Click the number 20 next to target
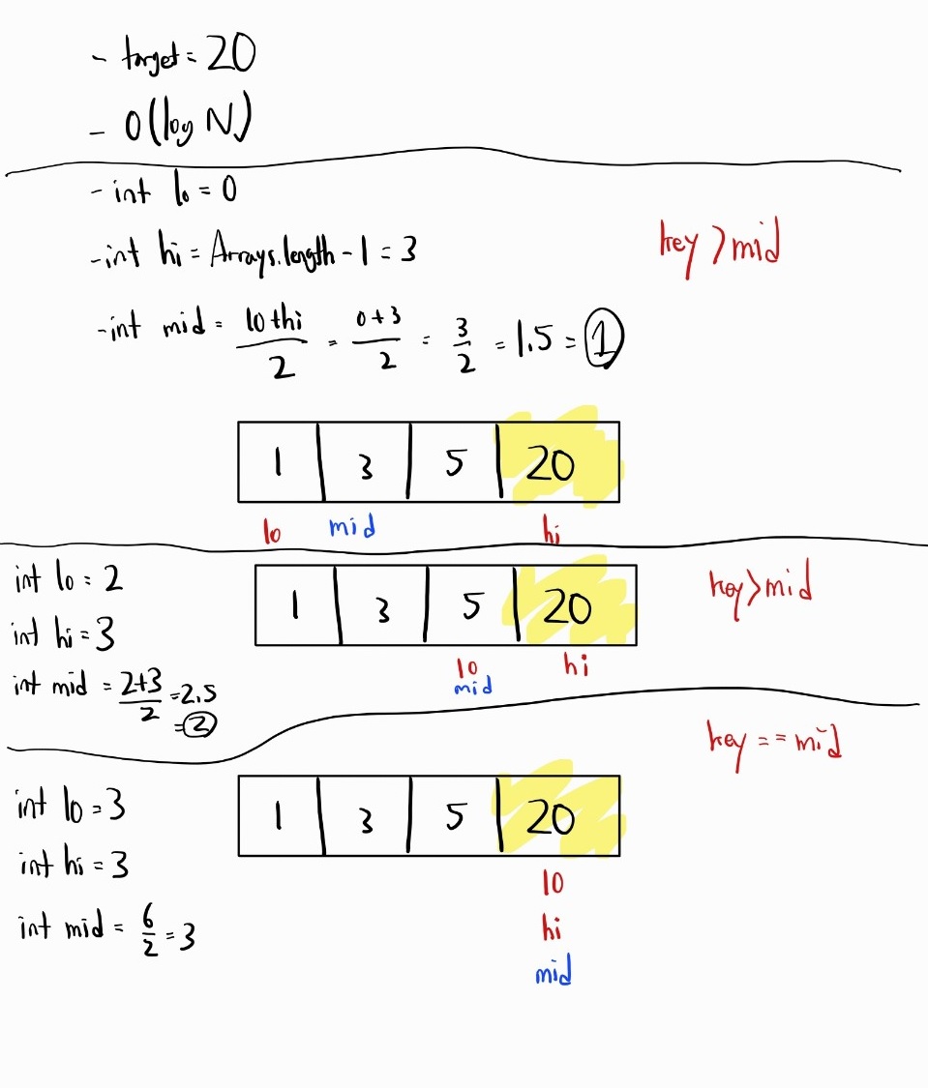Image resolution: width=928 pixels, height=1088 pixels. click(x=229, y=58)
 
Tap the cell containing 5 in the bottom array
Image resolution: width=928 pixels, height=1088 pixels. click(x=454, y=817)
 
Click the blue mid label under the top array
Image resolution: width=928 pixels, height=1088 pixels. click(x=351, y=527)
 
